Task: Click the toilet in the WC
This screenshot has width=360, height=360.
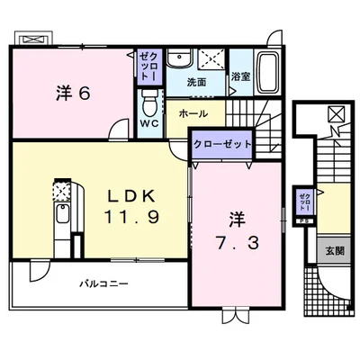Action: coord(149,103)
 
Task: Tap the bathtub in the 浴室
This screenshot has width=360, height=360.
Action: coord(268,73)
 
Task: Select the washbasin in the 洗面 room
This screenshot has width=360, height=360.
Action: coord(179,58)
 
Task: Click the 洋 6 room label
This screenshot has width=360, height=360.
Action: coord(73,94)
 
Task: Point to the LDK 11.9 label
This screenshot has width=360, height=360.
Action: coord(131,206)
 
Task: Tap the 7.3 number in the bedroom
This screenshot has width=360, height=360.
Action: coord(237,243)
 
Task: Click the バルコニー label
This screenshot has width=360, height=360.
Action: coord(103,283)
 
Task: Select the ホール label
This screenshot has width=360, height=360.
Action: coord(193,113)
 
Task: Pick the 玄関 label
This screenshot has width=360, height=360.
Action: coord(335,250)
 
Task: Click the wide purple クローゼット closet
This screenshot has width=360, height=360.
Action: coord(222,144)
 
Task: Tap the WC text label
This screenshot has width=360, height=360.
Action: coord(149,123)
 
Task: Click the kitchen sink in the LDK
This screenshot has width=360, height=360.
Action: coord(62,213)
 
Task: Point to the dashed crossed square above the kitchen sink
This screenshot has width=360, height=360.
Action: coord(62,191)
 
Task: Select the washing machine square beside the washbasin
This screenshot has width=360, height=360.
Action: coord(211,58)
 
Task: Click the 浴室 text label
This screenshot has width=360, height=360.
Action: coord(240,76)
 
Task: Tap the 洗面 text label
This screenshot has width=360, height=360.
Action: coord(196,82)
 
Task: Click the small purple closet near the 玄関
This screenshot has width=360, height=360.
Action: coord(304,202)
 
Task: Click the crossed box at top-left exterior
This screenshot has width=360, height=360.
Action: coord(34,40)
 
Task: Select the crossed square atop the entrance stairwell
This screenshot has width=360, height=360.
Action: coord(335,114)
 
